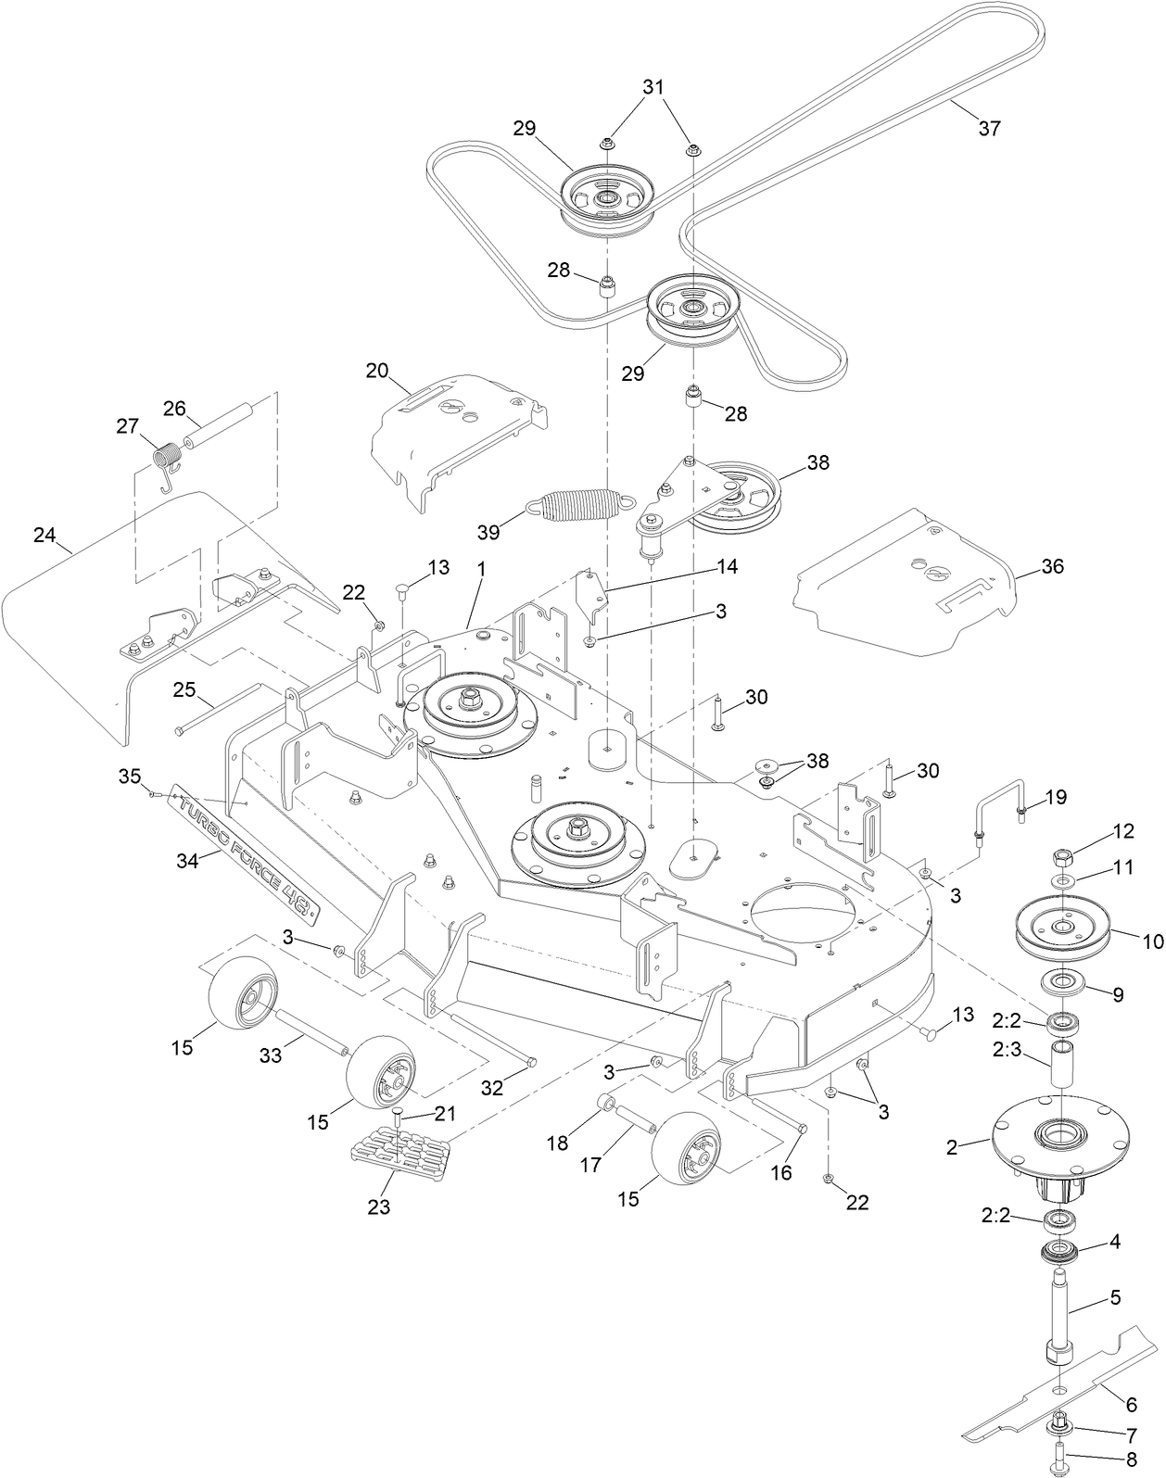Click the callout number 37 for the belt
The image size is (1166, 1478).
click(990, 129)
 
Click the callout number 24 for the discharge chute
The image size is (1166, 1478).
click(44, 535)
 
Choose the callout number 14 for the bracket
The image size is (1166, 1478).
click(727, 565)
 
